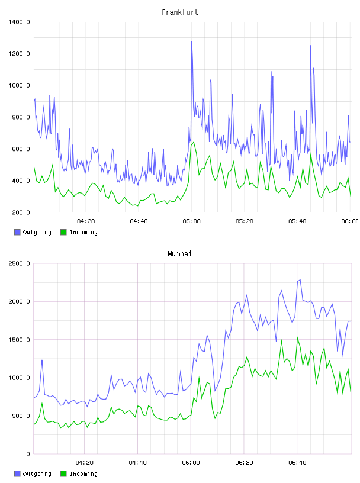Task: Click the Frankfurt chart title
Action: [180, 12]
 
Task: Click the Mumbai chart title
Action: [179, 254]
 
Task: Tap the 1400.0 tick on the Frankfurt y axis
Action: [19, 22]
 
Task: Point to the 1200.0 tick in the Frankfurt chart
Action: [19, 54]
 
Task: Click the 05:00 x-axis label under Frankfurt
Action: [191, 221]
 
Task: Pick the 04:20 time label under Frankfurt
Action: [86, 221]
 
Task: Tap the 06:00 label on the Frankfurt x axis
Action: [349, 221]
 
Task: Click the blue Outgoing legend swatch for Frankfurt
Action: [17, 232]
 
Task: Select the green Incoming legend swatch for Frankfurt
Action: [63, 232]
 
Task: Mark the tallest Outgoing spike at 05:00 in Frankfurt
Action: [192, 41]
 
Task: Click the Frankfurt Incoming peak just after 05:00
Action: [194, 142]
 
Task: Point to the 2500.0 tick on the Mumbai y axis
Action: [19, 263]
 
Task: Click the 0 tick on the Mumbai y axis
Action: [28, 454]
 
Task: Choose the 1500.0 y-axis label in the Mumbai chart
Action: [19, 339]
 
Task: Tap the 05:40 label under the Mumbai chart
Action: [297, 463]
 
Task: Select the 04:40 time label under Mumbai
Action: [138, 463]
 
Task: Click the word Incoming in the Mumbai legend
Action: [83, 474]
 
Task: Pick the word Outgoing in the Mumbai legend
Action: [37, 474]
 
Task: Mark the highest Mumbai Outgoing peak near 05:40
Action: [300, 280]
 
